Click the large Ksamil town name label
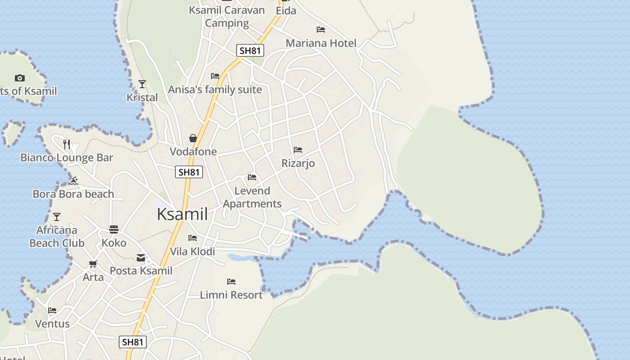[182, 214]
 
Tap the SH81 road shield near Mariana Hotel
[250, 50]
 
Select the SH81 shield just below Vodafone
[189, 172]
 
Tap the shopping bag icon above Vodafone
[193, 138]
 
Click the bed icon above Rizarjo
[297, 150]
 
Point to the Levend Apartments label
[252, 197]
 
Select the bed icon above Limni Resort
[231, 282]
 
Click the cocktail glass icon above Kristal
[142, 84]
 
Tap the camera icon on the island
[19, 78]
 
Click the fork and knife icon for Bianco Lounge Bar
[67, 144]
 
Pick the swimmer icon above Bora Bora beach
[74, 181]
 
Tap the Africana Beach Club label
[57, 237]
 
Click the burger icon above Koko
[114, 229]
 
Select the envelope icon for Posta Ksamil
[141, 258]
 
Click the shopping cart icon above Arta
[93, 264]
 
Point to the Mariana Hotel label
[321, 43]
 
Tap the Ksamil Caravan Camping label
[227, 17]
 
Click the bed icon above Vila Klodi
[193, 238]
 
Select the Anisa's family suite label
[215, 90]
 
